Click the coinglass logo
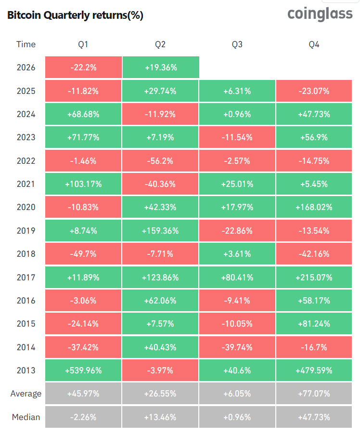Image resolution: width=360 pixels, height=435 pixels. pyautogui.click(x=320, y=14)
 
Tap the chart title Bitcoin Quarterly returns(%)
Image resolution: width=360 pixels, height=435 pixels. pyautogui.click(x=75, y=15)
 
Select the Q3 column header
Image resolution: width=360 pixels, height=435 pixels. pyautogui.click(x=237, y=44)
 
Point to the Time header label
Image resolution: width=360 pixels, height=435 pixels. pyautogui.click(x=26, y=44)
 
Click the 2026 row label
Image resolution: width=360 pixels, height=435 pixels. pyautogui.click(x=26, y=67)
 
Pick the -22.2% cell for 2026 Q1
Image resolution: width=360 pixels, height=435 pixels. pyautogui.click(x=83, y=67)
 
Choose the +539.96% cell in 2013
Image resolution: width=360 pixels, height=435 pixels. pyautogui.click(x=83, y=370)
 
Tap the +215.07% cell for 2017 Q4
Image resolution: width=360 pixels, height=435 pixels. pyautogui.click(x=314, y=277)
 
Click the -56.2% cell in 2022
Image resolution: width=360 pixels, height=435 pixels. pyautogui.click(x=160, y=161)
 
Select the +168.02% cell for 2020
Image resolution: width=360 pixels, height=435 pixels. pyautogui.click(x=314, y=207)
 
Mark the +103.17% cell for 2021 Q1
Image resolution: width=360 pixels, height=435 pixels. pyautogui.click(x=83, y=184)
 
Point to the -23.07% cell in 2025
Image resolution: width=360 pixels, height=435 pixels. pyautogui.click(x=314, y=91)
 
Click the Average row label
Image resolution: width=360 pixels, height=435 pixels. pyautogui.click(x=26, y=394)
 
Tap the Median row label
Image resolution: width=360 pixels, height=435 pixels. pyautogui.click(x=26, y=417)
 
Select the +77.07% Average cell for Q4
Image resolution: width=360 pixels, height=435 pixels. pyautogui.click(x=314, y=394)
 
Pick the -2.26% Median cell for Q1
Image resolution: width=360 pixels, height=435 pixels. pyautogui.click(x=83, y=417)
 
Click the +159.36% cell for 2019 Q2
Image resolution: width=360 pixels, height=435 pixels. pyautogui.click(x=160, y=231)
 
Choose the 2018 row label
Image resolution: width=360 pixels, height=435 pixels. pyautogui.click(x=26, y=254)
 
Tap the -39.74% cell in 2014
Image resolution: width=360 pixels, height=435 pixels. pyautogui.click(x=237, y=347)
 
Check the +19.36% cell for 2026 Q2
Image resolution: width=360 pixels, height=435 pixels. pyautogui.click(x=161, y=67)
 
